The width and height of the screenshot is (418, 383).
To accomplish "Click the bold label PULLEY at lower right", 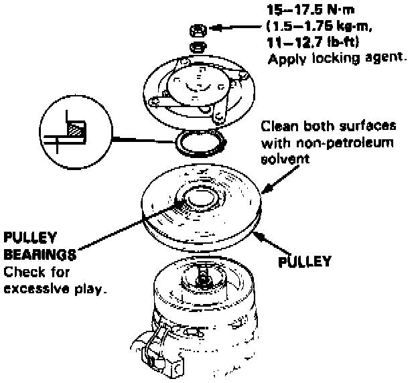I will tap(305, 261).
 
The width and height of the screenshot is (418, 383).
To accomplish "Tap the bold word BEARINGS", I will tap(39, 255).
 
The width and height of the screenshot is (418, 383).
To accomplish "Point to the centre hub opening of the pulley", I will tap(199, 198).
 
